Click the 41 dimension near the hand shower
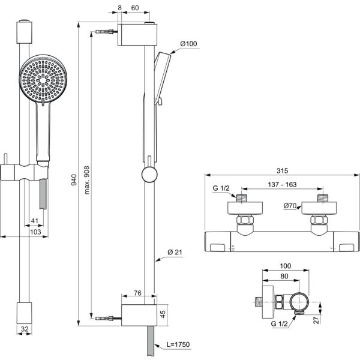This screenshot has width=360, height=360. pyautogui.click(x=35, y=221)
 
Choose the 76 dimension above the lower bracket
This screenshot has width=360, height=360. pyautogui.click(x=137, y=293)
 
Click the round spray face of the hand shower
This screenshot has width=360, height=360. pyautogui.click(x=41, y=80)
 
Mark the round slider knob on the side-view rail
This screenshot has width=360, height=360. pyautogui.click(x=148, y=175)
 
